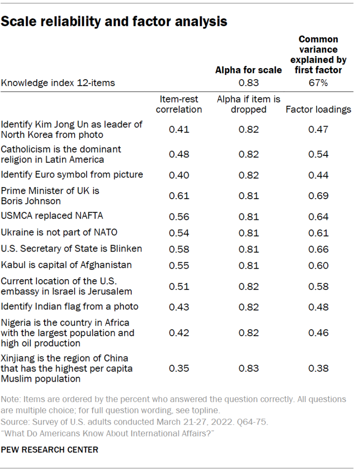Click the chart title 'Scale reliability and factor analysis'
click(x=114, y=21)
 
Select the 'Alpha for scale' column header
click(x=249, y=70)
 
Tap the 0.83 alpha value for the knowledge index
click(x=249, y=83)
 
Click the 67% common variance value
click(x=318, y=83)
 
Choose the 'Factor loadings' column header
click(x=318, y=109)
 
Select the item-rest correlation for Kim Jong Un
click(x=179, y=129)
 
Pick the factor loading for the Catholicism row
click(x=318, y=154)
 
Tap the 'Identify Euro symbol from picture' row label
click(x=72, y=174)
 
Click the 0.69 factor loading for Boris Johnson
click(x=318, y=195)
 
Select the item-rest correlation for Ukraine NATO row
click(x=179, y=233)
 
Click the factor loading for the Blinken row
click(x=318, y=249)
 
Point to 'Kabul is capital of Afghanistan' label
click(x=66, y=265)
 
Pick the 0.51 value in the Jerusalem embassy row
click(x=179, y=286)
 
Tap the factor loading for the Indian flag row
click(x=318, y=307)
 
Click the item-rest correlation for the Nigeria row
click(x=179, y=333)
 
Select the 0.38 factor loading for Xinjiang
click(x=318, y=368)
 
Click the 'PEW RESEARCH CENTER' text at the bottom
click(x=50, y=449)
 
